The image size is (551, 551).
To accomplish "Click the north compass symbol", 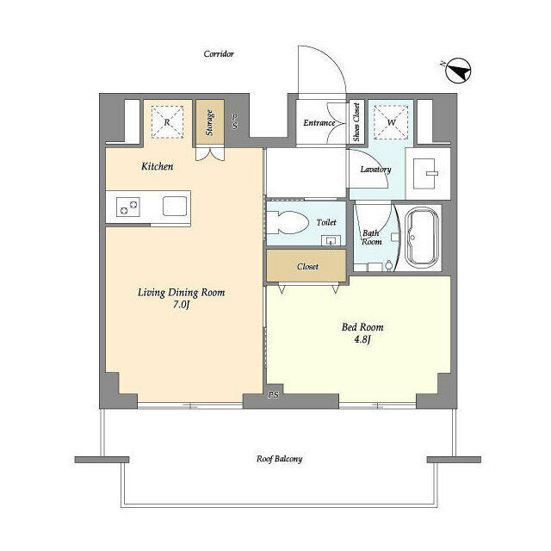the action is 458,71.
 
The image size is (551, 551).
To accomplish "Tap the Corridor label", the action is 219,53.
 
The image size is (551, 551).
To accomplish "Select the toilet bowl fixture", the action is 287,223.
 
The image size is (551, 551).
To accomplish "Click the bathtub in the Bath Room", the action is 422,238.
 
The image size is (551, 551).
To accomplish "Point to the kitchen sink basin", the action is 175,206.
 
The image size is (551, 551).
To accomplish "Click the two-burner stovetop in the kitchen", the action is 128,207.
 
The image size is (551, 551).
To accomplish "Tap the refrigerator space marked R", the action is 167,122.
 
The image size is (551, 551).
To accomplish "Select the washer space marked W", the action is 391,122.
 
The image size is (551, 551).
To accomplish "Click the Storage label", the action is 210,122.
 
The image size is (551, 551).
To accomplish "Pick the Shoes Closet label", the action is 356,122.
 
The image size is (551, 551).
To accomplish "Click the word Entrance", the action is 319,122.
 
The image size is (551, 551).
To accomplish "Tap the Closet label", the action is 307,266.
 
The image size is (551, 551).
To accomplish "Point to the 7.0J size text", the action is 181,305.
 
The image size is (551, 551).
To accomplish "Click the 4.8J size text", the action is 362,339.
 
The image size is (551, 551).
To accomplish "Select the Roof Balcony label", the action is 279,459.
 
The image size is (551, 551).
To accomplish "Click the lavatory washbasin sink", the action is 425,173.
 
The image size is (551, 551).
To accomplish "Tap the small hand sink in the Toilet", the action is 331,241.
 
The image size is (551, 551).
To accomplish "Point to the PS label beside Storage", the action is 234,121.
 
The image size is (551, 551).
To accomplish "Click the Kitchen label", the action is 157,166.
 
